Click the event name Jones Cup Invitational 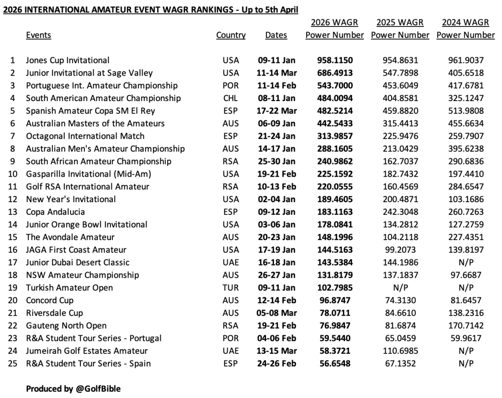pos(68,60)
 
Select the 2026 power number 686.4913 pos(335,73)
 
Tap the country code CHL pos(231,98)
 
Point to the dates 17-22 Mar pos(276,111)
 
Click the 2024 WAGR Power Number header pos(466,29)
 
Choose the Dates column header pos(276,35)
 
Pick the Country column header pos(231,35)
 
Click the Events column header pos(38,35)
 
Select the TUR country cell pos(231,288)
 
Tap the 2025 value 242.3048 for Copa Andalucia pos(400,212)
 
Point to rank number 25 pos(12,364)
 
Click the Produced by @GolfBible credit pos(73,389)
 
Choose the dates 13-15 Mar pos(276,351)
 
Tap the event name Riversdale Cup pos(54,313)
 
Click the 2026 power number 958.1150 pos(335,60)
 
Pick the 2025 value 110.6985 pos(400,351)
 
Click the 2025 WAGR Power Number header pos(400,29)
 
